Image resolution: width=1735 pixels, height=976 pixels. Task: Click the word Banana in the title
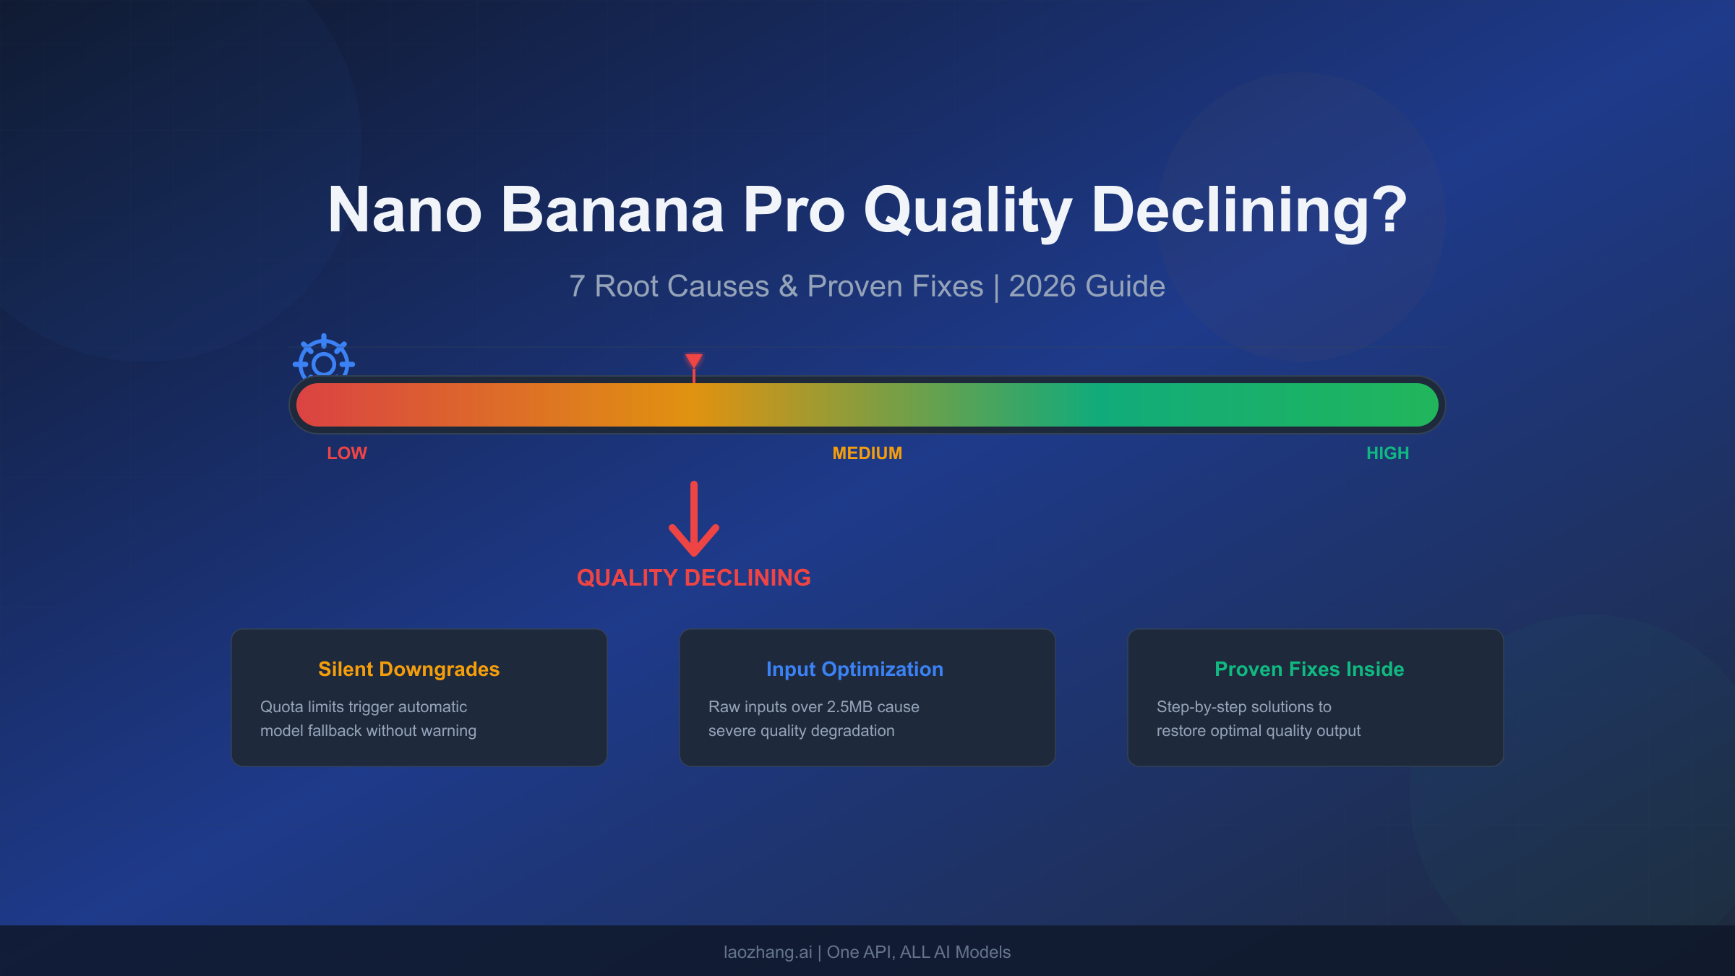612,210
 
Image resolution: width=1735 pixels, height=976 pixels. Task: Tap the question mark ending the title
1389,210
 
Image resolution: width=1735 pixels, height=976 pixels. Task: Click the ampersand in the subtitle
787,287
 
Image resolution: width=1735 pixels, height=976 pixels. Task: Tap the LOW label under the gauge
347,453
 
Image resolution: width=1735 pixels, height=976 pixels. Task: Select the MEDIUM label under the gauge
867,453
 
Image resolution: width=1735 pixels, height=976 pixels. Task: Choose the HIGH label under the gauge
1387,453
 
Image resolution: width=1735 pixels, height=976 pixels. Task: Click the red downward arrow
694,521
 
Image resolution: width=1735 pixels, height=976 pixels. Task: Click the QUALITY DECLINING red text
693,578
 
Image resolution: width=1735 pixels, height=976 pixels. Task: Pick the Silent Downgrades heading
408,669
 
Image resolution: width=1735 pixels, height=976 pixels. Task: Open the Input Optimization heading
854,669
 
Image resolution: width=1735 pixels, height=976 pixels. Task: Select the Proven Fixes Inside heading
1309,669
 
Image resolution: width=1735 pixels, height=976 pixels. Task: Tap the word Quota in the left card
281,707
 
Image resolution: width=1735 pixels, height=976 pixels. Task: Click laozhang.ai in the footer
768,952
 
